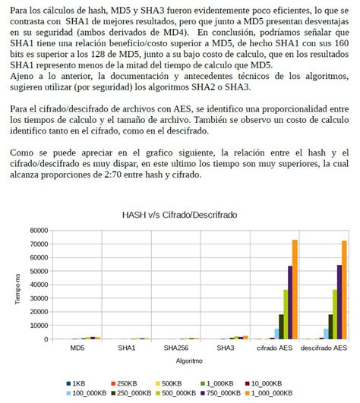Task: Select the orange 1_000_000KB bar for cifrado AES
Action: point(295,288)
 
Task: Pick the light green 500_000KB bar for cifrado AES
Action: point(286,313)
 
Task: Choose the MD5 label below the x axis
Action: point(77,349)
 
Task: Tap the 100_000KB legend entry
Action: point(90,393)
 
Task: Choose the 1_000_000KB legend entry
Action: point(270,393)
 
